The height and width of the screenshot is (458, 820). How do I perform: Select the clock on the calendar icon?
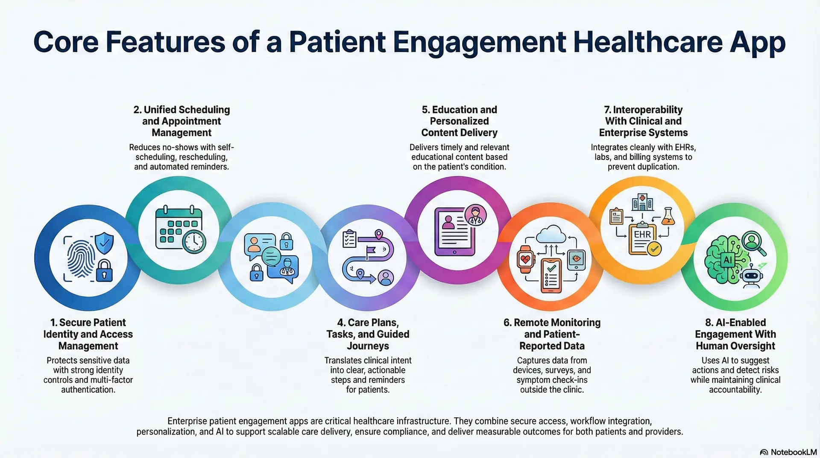(194, 242)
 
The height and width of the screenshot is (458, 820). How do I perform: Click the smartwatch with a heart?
(525, 259)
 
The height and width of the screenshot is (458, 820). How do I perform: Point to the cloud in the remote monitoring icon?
(552, 235)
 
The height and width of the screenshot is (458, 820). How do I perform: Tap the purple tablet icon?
(454, 231)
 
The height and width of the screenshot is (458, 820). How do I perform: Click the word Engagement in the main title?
(479, 42)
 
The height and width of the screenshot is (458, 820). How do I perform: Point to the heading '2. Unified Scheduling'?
(182, 110)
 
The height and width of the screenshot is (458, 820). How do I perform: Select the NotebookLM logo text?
(793, 452)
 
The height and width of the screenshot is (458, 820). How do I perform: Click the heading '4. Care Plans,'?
(368, 323)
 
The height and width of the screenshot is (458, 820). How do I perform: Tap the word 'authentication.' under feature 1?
(88, 390)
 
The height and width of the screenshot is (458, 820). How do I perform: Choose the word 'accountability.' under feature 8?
(735, 390)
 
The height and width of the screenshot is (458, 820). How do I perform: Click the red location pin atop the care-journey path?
(378, 234)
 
